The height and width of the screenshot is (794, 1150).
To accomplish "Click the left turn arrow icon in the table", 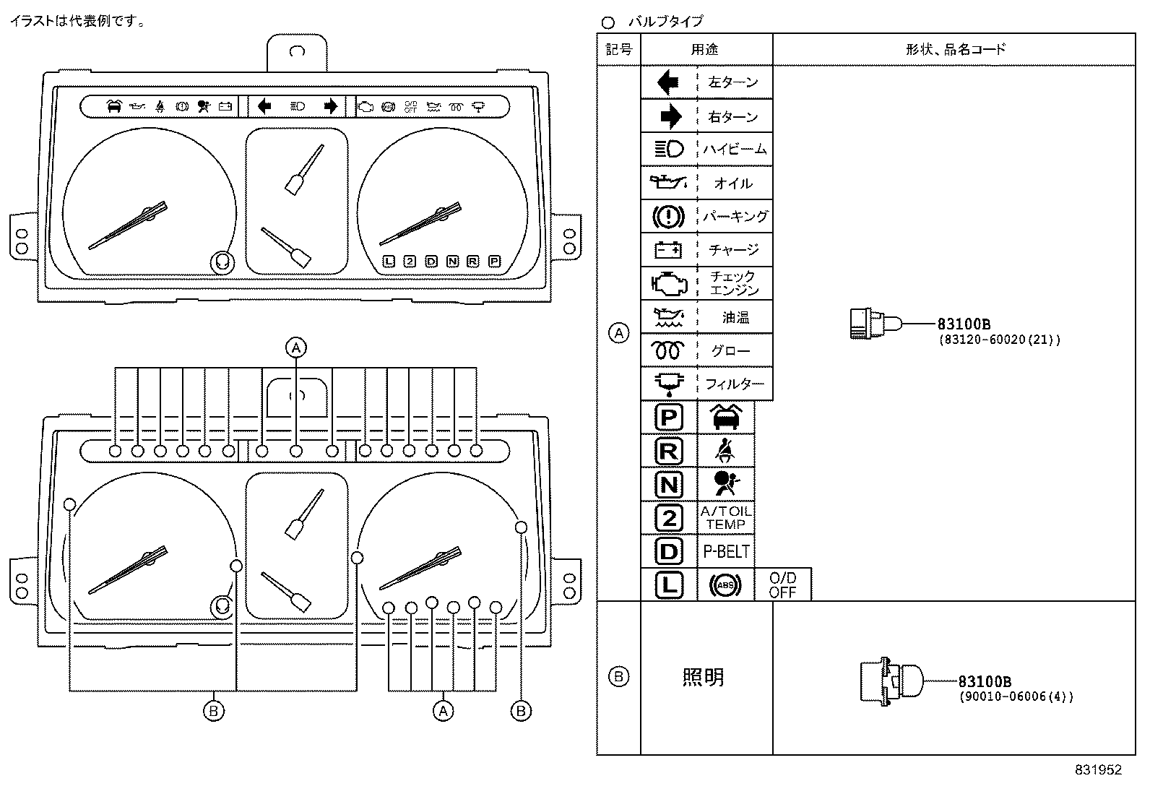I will coord(668,82).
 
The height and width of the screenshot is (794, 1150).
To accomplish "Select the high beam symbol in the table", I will coord(669,150).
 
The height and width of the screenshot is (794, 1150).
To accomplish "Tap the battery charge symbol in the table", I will coord(668,250).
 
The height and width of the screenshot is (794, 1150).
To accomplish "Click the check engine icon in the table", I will coord(668,282).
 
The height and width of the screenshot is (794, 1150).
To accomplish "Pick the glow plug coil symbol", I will coord(668,350).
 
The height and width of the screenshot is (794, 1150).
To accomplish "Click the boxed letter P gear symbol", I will coord(669,418).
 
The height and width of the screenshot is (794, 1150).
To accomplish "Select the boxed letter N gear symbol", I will coord(669,484).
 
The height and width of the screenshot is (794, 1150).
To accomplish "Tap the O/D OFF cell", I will coord(782,584).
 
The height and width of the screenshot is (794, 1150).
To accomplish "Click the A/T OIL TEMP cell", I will coord(726,517).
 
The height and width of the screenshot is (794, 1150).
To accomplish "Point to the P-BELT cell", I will coord(726,552).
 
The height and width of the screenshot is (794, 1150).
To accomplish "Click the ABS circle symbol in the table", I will coord(725,585).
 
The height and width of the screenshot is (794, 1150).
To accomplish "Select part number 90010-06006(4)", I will coord(1016,697).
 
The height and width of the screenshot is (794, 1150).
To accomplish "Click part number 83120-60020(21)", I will coord(999,340).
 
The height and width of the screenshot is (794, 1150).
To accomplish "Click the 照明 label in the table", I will coord(703,678).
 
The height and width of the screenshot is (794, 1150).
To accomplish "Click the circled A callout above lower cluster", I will coord(295,348).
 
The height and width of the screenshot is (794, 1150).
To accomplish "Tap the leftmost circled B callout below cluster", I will coord(213,712).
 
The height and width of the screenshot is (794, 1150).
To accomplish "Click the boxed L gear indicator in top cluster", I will coord(389,262).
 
